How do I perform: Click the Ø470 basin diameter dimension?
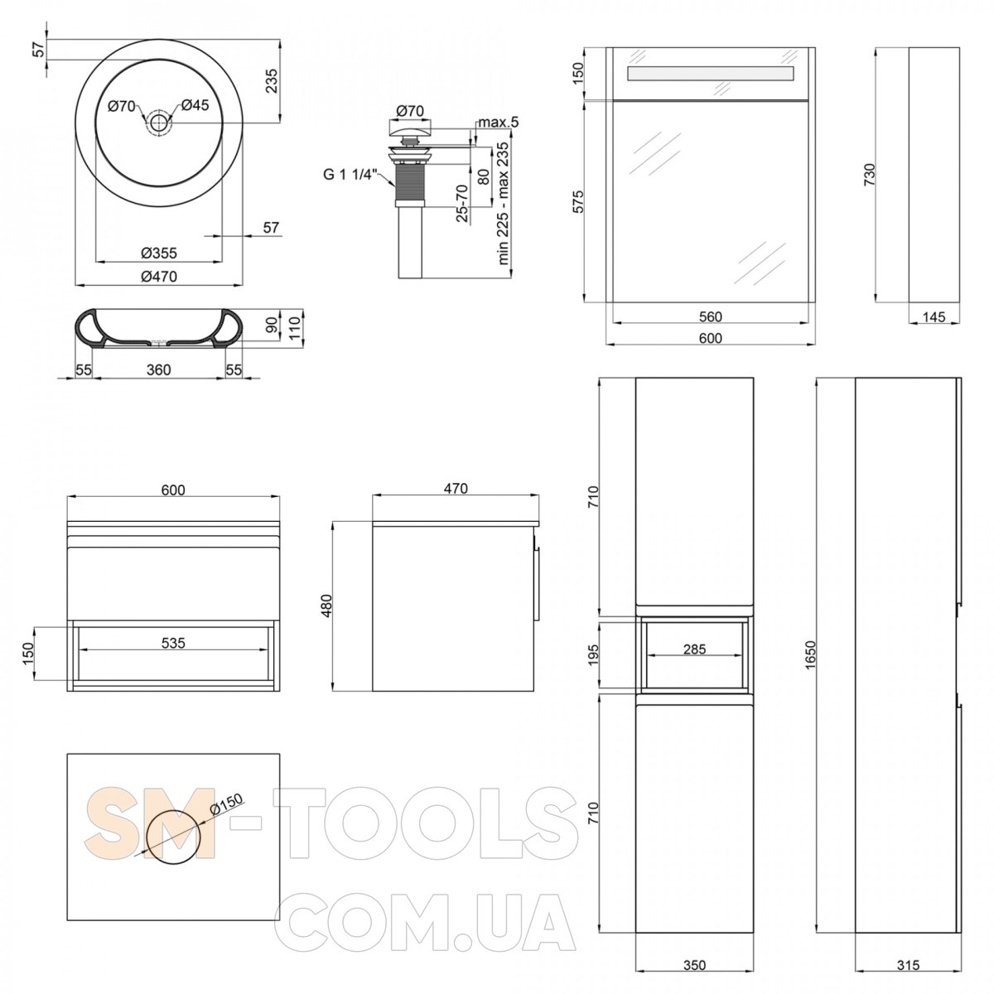[x=159, y=277]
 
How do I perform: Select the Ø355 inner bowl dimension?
[x=159, y=253]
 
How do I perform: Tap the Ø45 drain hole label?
[x=195, y=105]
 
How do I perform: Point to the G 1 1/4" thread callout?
[x=348, y=174]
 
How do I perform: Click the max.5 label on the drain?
[x=499, y=123]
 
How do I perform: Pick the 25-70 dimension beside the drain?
[x=462, y=203]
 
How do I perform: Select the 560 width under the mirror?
[x=710, y=316]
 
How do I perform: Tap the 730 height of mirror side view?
[x=869, y=174]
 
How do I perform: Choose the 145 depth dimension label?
[x=934, y=316]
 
